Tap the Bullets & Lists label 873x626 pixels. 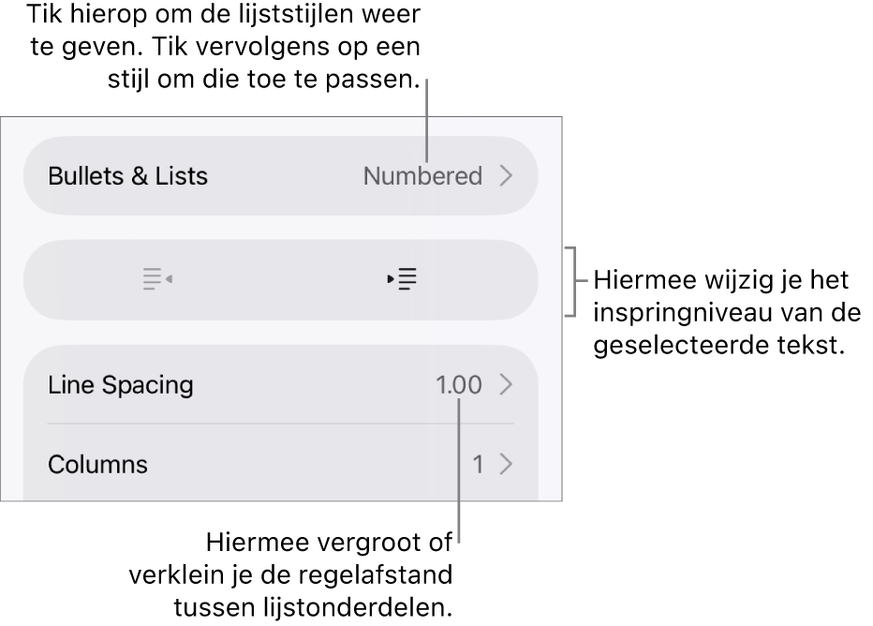128,176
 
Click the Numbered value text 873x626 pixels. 422,176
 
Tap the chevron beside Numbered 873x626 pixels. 506,176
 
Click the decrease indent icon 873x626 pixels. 157,279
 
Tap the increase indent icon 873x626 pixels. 402,279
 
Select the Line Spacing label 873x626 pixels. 121,385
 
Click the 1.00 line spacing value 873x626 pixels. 459,385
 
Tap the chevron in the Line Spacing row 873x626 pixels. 506,385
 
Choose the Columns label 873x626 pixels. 98,465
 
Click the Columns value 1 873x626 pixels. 478,465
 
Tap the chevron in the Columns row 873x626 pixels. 506,465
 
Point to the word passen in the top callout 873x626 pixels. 373,80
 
